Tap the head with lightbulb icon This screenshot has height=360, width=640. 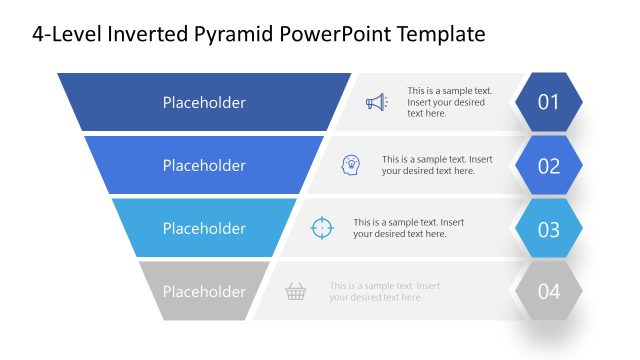tap(351, 165)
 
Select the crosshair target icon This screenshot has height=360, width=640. tap(322, 228)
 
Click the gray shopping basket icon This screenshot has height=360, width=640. tap(295, 291)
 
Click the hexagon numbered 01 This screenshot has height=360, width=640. tap(549, 102)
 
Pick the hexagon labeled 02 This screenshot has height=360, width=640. tap(549, 165)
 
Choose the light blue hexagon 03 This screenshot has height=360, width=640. tap(549, 228)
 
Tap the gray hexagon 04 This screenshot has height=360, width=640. tap(549, 291)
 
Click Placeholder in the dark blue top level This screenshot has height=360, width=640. tap(204, 102)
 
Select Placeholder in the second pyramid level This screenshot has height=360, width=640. tap(204, 165)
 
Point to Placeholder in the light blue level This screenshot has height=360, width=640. tap(204, 228)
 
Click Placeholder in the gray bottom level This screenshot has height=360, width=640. tap(204, 291)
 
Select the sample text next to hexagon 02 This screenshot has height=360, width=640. tap(436, 165)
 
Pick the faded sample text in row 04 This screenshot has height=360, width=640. tap(384, 291)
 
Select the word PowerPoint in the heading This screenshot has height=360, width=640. tap(330, 34)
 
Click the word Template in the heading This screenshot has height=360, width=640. tap(440, 34)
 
